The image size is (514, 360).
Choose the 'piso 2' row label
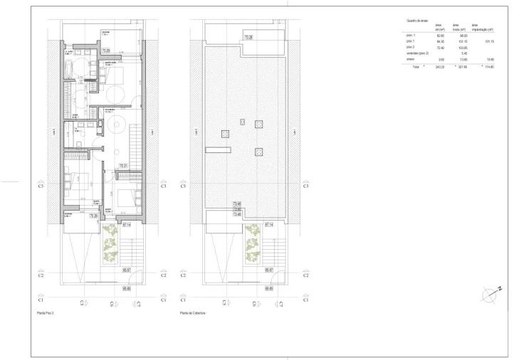410,47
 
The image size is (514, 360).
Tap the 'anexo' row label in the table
409,60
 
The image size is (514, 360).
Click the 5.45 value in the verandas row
463,53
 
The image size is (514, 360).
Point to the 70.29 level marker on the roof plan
248,37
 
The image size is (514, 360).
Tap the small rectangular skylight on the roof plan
242,122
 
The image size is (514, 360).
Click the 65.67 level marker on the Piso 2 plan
127,270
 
